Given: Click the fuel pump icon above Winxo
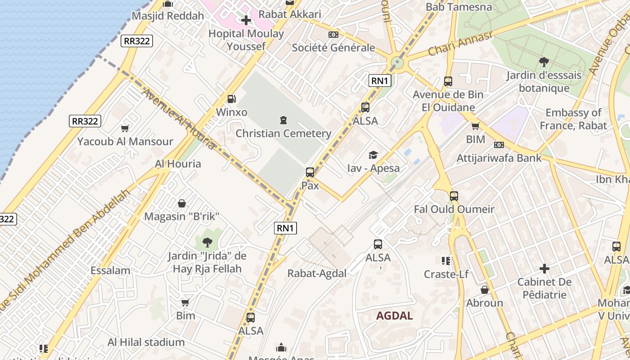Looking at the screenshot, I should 231,99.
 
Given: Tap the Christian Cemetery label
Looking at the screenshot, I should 283,133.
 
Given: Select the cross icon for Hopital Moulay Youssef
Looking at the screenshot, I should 246,20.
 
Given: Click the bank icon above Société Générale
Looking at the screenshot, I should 333,35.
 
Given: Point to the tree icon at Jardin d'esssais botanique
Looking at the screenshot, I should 544,62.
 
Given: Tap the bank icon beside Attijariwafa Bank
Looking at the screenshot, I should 499,145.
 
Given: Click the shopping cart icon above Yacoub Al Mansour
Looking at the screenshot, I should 125,128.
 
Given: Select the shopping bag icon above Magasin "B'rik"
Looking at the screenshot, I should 182,203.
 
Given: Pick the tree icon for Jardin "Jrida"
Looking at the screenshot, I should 207,243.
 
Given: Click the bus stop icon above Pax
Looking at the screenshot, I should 310,172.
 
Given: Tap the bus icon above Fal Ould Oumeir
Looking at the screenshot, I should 454,196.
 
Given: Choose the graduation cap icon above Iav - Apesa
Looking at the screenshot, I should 373,155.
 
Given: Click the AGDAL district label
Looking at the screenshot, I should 394,315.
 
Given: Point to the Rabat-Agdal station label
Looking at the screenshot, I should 317,273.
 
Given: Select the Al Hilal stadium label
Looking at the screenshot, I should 146,342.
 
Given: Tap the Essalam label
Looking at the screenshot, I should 110,270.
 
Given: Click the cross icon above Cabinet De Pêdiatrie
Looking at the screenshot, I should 544,269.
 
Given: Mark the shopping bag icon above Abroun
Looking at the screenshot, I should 484,290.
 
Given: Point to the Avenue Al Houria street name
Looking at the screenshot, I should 179,119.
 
